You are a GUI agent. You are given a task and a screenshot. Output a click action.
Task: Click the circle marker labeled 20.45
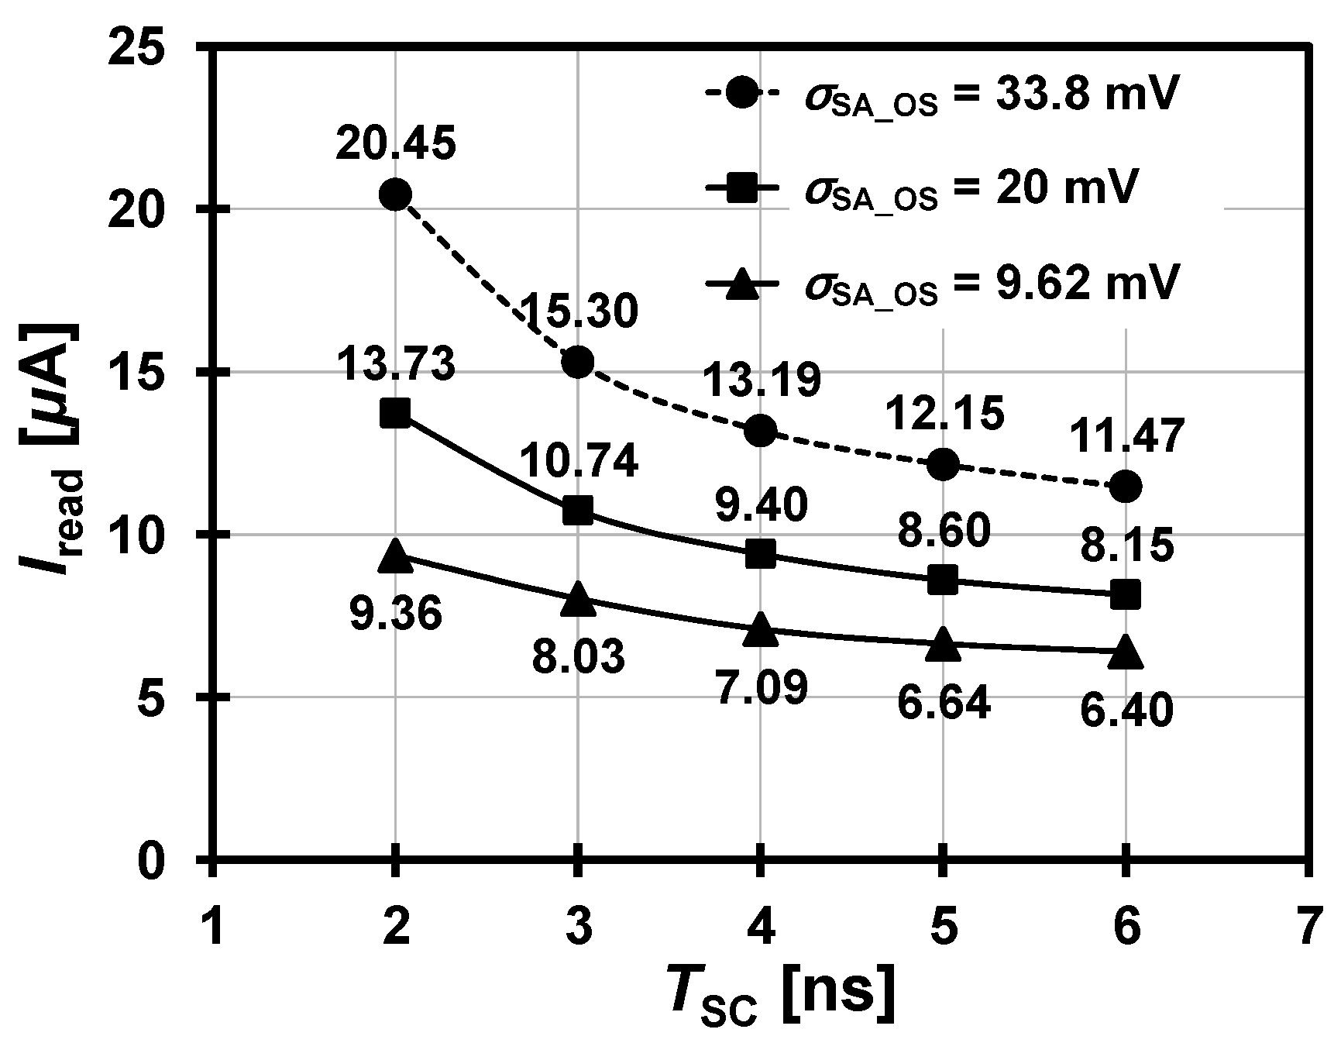click(x=395, y=194)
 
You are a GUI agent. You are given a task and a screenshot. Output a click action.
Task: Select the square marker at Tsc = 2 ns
click(x=395, y=413)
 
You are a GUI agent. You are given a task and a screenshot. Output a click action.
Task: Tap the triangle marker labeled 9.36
click(x=395, y=555)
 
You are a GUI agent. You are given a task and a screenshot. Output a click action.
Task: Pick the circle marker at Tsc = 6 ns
click(x=1125, y=487)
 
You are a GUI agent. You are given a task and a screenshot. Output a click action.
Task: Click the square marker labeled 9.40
click(x=760, y=554)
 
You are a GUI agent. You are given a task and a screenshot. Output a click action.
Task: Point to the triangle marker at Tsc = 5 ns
click(x=943, y=645)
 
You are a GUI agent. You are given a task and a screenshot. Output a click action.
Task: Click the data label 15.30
click(x=579, y=312)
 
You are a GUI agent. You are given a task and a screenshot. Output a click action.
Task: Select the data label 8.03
click(x=578, y=656)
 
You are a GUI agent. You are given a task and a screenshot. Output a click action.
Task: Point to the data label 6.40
click(x=1125, y=711)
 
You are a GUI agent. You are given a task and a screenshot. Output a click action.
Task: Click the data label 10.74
click(x=579, y=463)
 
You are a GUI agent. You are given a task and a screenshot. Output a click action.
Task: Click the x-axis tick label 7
click(x=1308, y=927)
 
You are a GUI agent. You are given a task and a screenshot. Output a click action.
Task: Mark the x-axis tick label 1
click(x=212, y=927)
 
